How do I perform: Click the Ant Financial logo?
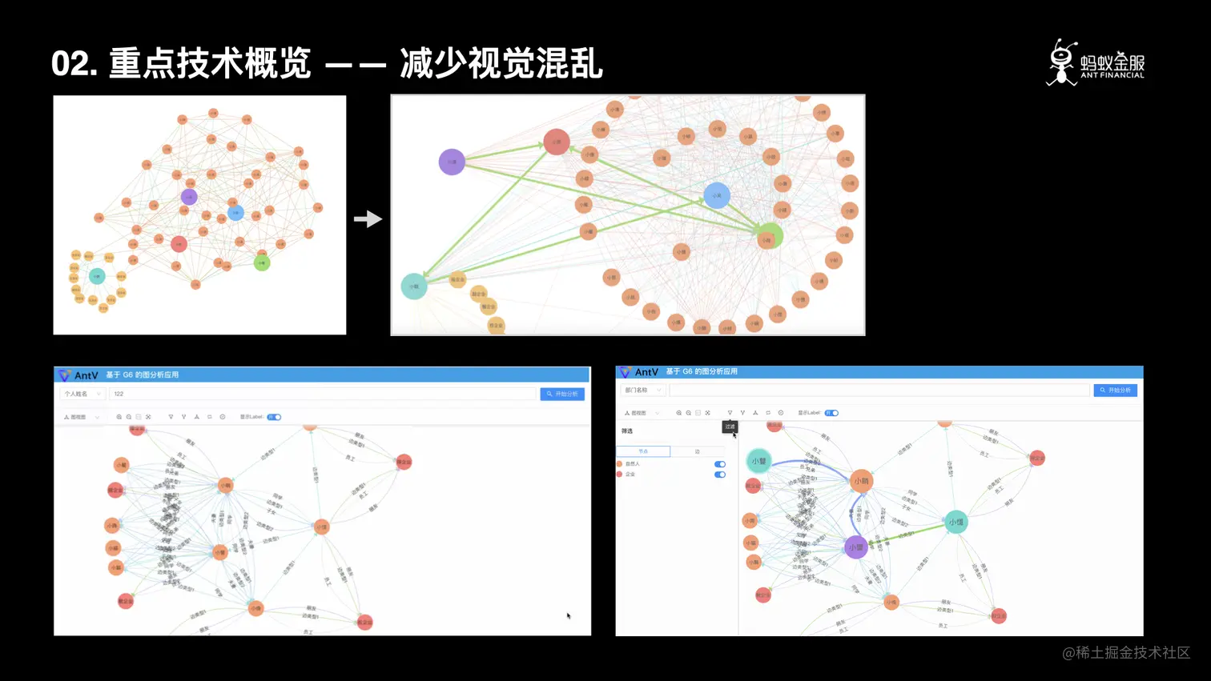(1095, 62)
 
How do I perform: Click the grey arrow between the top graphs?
(368, 218)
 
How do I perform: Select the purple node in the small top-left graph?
(189, 197)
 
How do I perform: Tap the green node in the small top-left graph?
(262, 262)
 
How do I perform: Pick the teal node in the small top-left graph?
(97, 276)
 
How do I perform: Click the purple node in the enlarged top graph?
(452, 162)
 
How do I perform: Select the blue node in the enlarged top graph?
(716, 195)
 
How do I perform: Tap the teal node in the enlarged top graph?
(414, 286)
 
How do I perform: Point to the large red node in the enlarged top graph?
(556, 142)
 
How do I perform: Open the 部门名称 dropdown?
(642, 391)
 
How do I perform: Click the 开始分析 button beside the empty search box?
(1115, 391)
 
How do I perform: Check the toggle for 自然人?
(720, 464)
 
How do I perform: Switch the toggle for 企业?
(720, 475)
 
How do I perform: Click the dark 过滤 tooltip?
(730, 427)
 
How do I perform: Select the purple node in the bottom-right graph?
(855, 547)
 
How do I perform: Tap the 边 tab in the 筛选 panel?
(697, 451)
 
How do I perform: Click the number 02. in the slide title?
(74, 63)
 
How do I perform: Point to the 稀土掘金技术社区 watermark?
(1126, 653)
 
